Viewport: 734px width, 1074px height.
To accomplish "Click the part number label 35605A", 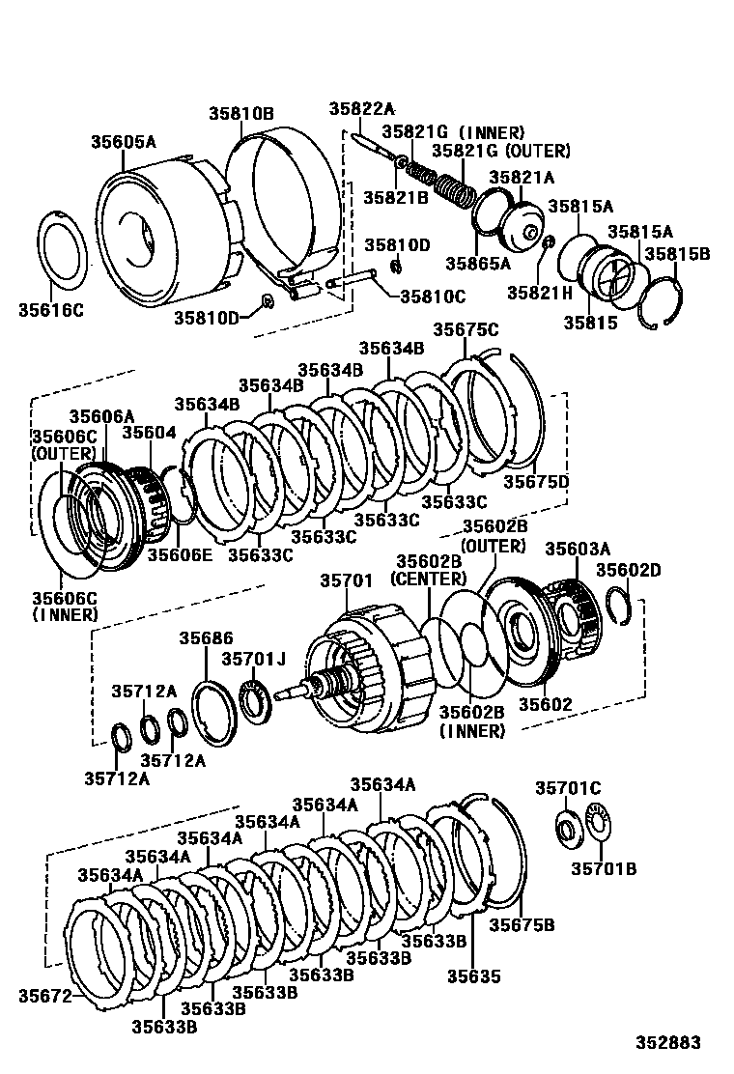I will pos(123,142).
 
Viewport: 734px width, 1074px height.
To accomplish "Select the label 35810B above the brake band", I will pos(241,113).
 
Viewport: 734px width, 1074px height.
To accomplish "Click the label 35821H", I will pos(539,292).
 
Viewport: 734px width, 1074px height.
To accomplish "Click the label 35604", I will pos(149,433).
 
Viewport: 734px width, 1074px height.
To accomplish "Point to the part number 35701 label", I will pos(345,580).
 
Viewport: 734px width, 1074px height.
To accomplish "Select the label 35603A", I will pos(577,548).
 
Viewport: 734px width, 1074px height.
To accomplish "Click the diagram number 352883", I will pos(667,1043).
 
